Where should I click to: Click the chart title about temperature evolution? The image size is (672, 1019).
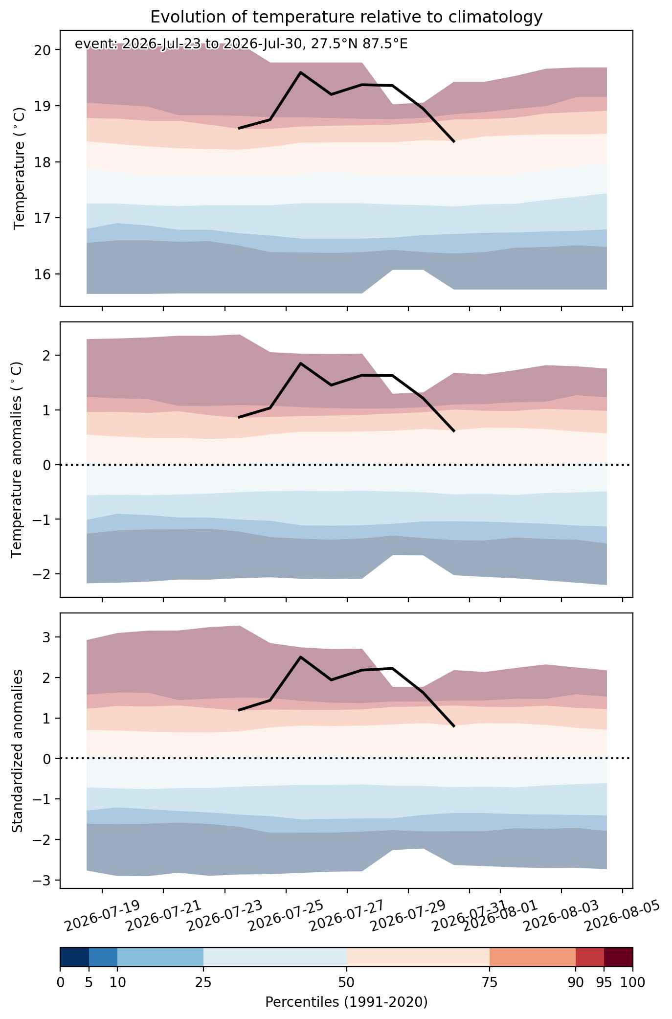[x=346, y=17]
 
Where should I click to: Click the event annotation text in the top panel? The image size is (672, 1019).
[x=241, y=45]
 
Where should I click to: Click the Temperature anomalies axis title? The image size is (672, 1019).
[x=17, y=459]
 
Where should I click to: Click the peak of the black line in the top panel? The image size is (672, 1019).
[x=300, y=72]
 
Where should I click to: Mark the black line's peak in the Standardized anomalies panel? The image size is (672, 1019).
[x=300, y=657]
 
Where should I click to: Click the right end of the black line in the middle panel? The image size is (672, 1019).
[x=454, y=431]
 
